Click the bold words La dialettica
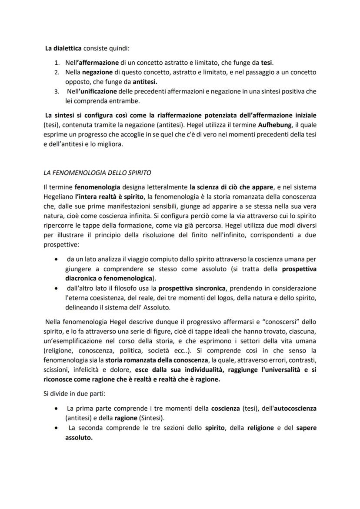(62, 49)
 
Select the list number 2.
(57, 72)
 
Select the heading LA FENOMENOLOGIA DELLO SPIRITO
(97, 173)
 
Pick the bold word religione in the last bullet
(261, 428)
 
